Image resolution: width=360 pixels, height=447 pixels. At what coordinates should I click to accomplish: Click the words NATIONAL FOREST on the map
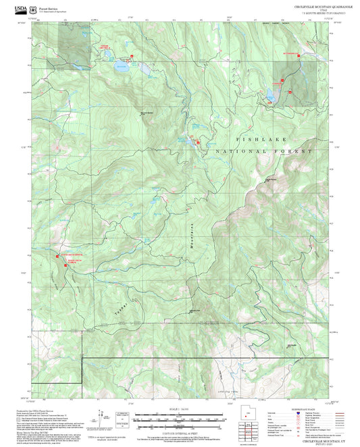(x=263, y=152)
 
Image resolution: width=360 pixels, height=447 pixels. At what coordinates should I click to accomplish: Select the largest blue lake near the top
(x=122, y=67)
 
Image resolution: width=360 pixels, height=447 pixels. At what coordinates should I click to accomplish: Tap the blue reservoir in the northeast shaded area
(x=272, y=96)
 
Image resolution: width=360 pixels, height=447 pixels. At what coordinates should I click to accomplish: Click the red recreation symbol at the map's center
(x=198, y=142)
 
